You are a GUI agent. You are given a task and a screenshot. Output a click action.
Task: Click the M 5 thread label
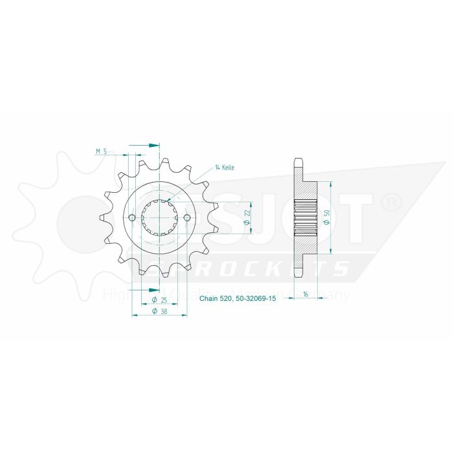(x=100, y=151)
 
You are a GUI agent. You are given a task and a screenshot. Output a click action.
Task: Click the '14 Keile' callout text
(x=225, y=167)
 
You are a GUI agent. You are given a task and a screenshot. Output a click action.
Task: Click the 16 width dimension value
(x=304, y=294)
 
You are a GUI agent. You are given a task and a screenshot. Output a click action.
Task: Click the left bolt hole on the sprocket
(x=133, y=217)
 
